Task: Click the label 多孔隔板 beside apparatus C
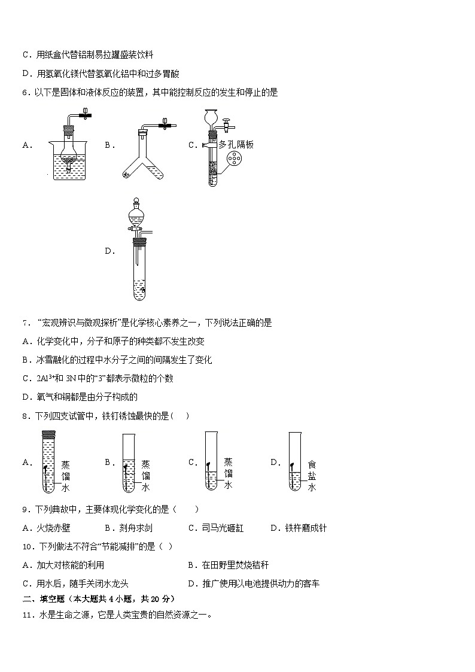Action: (236, 144)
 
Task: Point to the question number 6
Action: (25, 92)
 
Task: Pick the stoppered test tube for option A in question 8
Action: (48, 462)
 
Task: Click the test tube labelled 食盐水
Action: (294, 462)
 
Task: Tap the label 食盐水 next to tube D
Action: (312, 475)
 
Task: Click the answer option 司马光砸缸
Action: (223, 528)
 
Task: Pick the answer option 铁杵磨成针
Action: (305, 528)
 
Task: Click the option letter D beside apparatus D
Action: (109, 251)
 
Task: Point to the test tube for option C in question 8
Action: (211, 462)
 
